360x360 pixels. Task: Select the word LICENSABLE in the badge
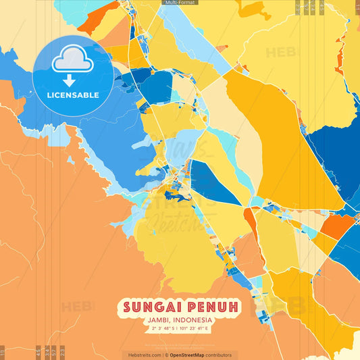coord(73,95)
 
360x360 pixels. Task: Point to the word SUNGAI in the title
coord(153,307)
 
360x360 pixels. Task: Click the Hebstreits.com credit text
coord(141,355)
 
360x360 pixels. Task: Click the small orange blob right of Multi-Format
coord(254,9)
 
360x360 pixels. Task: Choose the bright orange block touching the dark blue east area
coord(336,227)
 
